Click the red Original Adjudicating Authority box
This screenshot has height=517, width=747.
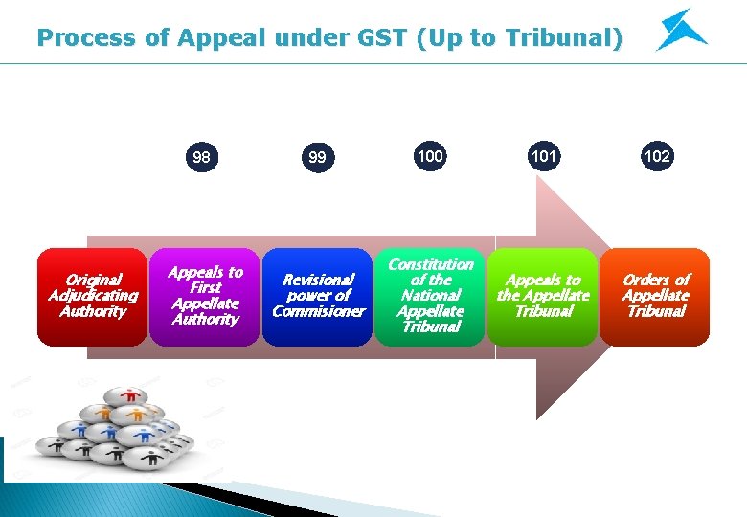click(x=92, y=297)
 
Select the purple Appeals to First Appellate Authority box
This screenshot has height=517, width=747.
click(x=204, y=297)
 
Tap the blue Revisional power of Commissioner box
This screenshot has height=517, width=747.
click(x=318, y=297)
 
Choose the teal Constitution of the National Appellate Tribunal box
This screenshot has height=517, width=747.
click(x=430, y=297)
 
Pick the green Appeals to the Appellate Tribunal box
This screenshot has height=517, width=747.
click(x=543, y=297)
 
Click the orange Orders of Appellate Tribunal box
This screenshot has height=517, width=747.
click(x=655, y=297)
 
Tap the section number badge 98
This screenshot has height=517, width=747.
click(x=202, y=157)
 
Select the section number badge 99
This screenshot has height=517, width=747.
click(x=316, y=157)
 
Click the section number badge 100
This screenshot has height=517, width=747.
click(x=430, y=155)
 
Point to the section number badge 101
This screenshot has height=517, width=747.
click(x=543, y=155)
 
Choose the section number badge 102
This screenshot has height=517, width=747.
click(x=656, y=155)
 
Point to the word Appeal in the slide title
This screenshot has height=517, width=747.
click(x=201, y=38)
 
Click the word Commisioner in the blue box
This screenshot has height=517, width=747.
click(x=318, y=311)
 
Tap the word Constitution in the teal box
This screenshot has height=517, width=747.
click(x=430, y=264)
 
